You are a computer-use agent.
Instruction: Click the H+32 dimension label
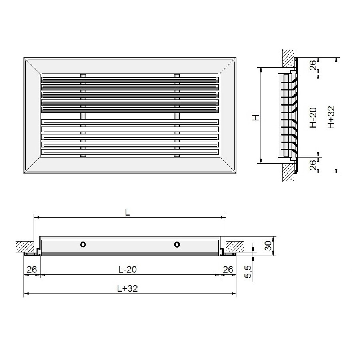(331, 117)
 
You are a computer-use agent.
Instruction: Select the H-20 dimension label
(313, 118)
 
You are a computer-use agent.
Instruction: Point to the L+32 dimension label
(128, 288)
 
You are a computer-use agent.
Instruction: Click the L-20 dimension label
(128, 269)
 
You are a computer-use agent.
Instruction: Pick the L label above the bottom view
(128, 212)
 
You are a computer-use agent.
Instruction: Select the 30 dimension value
(268, 246)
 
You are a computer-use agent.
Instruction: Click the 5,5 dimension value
(248, 271)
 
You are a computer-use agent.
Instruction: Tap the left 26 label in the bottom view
(32, 269)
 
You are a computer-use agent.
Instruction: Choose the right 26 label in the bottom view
(228, 269)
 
